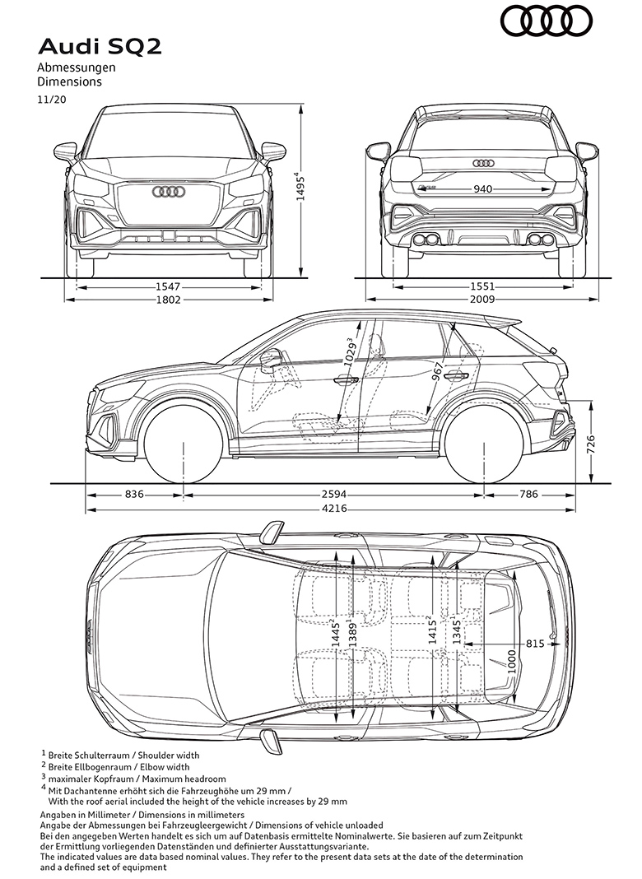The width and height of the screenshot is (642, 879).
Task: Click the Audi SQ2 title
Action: (100, 47)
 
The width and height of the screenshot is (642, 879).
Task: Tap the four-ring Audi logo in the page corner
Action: (547, 21)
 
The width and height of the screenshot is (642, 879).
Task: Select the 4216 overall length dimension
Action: (334, 509)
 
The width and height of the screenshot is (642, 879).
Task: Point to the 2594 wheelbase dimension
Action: (334, 495)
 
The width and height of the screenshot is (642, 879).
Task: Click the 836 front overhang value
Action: (134, 495)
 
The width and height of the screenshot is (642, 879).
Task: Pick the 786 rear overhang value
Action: (528, 495)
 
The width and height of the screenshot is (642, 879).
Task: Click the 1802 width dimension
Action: (168, 300)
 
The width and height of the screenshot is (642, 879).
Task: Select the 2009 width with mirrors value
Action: (482, 300)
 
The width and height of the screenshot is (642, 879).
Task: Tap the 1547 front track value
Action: (168, 286)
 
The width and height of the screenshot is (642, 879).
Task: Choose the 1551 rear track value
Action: (482, 286)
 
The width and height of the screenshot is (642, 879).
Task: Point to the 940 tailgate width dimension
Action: (483, 189)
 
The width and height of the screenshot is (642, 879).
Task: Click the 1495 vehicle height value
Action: (301, 187)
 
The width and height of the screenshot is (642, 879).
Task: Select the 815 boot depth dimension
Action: (535, 644)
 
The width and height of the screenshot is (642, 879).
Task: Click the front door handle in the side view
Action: (346, 380)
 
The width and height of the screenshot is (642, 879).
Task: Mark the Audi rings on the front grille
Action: (168, 192)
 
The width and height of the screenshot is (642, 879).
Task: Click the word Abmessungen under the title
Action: (77, 67)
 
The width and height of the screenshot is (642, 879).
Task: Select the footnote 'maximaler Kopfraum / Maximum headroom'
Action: (137, 779)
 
